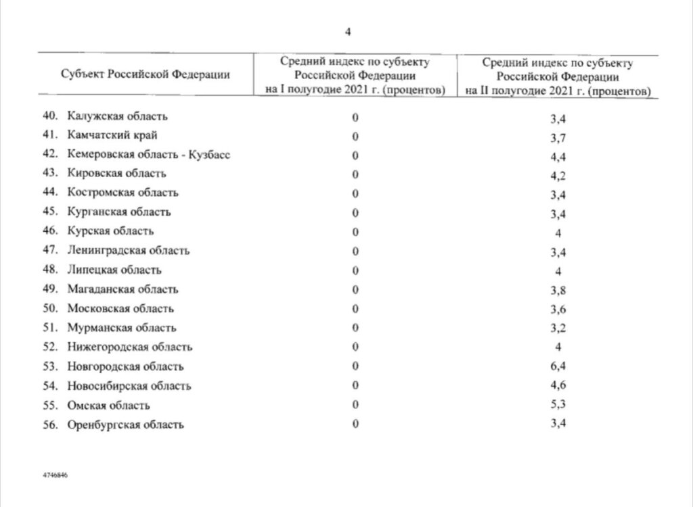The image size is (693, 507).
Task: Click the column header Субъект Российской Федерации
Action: (x=145, y=74)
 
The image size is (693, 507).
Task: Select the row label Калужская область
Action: (x=117, y=116)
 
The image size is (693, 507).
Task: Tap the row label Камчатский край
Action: (x=103, y=135)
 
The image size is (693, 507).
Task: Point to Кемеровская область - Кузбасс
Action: (x=150, y=155)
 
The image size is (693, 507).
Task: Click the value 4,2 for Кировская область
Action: (x=558, y=174)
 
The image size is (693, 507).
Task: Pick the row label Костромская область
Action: (x=123, y=193)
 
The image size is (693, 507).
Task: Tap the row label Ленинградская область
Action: (x=129, y=251)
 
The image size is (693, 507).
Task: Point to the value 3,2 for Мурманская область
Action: (x=558, y=329)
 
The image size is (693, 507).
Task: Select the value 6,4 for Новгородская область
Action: (x=558, y=367)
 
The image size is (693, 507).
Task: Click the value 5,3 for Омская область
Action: (x=558, y=406)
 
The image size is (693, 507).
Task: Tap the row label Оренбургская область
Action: (x=126, y=425)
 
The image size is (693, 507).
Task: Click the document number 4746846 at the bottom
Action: (x=55, y=475)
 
